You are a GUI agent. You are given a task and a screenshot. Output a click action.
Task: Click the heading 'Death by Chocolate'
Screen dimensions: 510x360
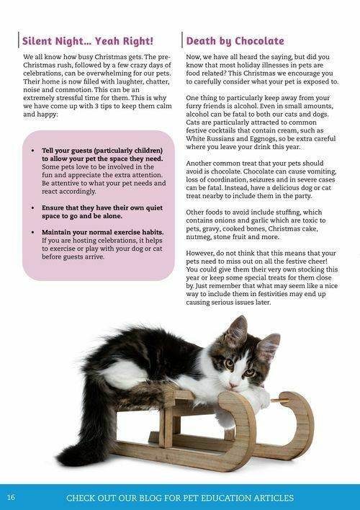(x=235, y=40)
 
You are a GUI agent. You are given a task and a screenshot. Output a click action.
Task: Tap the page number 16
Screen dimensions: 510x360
(x=11, y=497)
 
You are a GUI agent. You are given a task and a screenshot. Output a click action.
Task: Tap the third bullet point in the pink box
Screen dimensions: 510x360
(x=34, y=232)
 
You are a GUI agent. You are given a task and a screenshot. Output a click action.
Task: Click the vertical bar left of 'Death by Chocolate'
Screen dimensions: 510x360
(x=182, y=40)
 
